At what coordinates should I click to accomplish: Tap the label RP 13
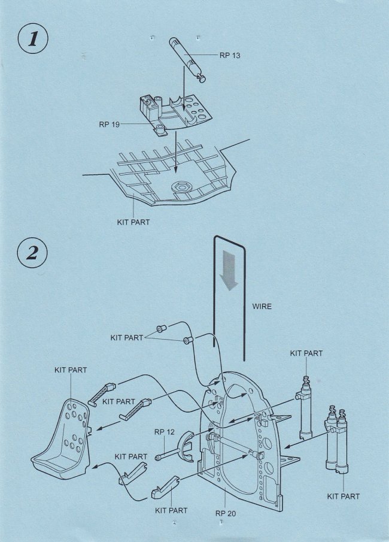(x=229, y=56)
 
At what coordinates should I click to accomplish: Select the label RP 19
(x=110, y=125)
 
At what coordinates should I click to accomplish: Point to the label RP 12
(x=165, y=432)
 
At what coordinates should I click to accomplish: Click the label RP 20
(x=226, y=513)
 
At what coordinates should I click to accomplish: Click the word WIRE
(x=261, y=307)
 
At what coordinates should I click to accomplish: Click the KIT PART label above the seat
(x=71, y=370)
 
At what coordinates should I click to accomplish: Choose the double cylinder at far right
(x=336, y=440)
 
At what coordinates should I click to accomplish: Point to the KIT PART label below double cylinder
(x=344, y=496)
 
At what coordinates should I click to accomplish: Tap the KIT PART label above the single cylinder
(x=306, y=353)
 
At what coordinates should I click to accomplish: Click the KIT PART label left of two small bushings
(x=127, y=338)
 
